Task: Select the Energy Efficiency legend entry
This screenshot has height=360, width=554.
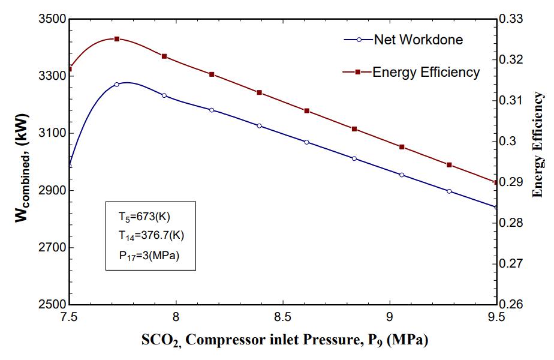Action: (x=426, y=72)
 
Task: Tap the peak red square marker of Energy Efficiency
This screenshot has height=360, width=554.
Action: (x=117, y=39)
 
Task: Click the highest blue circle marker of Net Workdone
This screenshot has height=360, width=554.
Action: (x=117, y=85)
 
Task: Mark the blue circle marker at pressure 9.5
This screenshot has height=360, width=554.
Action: (x=496, y=207)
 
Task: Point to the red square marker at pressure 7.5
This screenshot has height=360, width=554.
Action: (x=70, y=69)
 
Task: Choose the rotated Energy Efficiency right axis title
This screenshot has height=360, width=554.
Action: (x=538, y=144)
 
